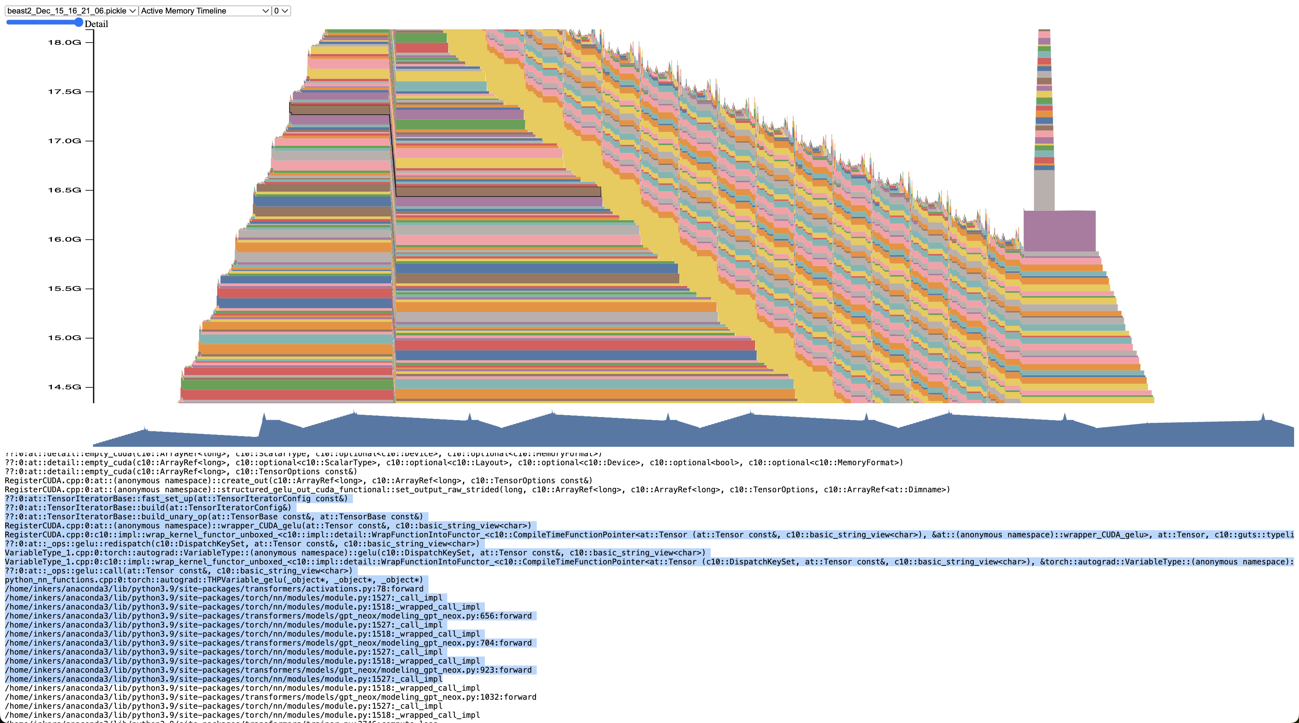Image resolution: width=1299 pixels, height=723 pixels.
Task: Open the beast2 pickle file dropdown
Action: pos(71,11)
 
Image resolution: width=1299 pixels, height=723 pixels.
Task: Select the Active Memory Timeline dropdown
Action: pos(205,11)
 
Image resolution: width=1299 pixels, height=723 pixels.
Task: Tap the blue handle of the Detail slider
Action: pos(78,22)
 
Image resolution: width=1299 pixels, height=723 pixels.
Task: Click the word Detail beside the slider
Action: pos(96,24)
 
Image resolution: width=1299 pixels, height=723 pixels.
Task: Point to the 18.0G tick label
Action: pos(65,42)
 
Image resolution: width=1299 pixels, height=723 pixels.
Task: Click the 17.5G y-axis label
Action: pos(65,92)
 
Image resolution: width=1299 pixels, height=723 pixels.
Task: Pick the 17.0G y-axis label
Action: pos(65,141)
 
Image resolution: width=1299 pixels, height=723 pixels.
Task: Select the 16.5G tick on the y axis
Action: pos(65,190)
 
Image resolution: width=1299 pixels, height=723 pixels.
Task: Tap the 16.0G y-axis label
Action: pos(65,239)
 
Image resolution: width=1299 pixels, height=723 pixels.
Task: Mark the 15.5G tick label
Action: pos(65,288)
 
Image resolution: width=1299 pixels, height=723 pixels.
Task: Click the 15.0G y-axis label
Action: pos(65,338)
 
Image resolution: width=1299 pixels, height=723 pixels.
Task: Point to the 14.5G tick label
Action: pos(65,387)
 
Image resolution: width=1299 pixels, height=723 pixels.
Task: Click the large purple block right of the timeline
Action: pos(1059,231)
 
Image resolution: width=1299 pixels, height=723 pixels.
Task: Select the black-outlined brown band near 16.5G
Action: pos(498,192)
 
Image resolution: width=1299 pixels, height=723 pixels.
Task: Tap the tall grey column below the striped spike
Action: pos(1044,190)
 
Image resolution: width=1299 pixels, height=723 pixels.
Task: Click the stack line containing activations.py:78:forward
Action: pos(214,589)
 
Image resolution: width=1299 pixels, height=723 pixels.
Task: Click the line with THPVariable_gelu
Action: pos(214,580)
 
